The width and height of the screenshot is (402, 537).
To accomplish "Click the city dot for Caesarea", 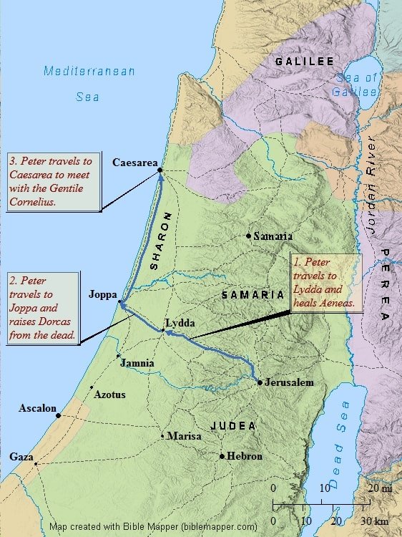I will point(160,170).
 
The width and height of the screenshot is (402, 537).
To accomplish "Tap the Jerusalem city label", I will point(289,383).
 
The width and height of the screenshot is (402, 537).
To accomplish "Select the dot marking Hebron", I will point(222,456).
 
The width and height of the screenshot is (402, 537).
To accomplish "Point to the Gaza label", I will point(21,456).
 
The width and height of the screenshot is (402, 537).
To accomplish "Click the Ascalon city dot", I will point(58,415).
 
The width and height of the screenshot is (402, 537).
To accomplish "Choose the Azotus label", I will point(110,395).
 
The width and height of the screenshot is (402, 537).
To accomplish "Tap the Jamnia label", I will point(137,363).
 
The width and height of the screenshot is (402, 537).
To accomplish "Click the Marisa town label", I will point(184,435).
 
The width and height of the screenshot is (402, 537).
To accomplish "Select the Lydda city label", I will point(180,323).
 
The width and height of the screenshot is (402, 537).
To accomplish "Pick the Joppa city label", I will point(102,294).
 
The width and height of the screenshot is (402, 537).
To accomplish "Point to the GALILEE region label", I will point(305,62).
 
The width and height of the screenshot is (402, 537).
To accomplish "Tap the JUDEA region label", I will point(233,425).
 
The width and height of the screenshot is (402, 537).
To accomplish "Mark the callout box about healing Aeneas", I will point(321,284).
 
